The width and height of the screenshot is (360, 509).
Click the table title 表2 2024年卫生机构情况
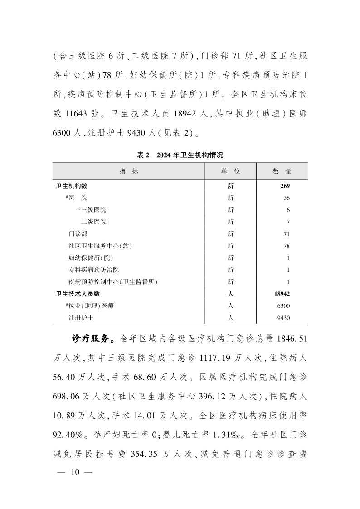pyautogui.click(x=180, y=155)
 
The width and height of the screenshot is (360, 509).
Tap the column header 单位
pyautogui.click(x=230, y=171)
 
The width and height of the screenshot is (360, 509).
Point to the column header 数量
pyautogui.click(x=282, y=171)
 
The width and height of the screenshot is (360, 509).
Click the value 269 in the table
pyautogui.click(x=285, y=186)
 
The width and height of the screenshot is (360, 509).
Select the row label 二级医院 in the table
pyautogui.click(x=93, y=222)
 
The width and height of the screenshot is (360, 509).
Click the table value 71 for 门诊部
pyautogui.click(x=286, y=234)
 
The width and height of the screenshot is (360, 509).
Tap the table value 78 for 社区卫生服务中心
pyautogui.click(x=286, y=246)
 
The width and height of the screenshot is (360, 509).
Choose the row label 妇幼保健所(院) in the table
pyautogui.click(x=90, y=258)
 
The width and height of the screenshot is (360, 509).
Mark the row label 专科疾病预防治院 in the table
pyautogui.click(x=93, y=270)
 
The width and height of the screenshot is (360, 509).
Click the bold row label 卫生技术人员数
pyautogui.click(x=78, y=294)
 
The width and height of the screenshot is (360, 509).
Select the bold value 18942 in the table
pyautogui.click(x=282, y=294)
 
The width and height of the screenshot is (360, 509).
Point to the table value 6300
pyautogui.click(x=283, y=306)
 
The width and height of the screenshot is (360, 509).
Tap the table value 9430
pyautogui.click(x=283, y=318)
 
